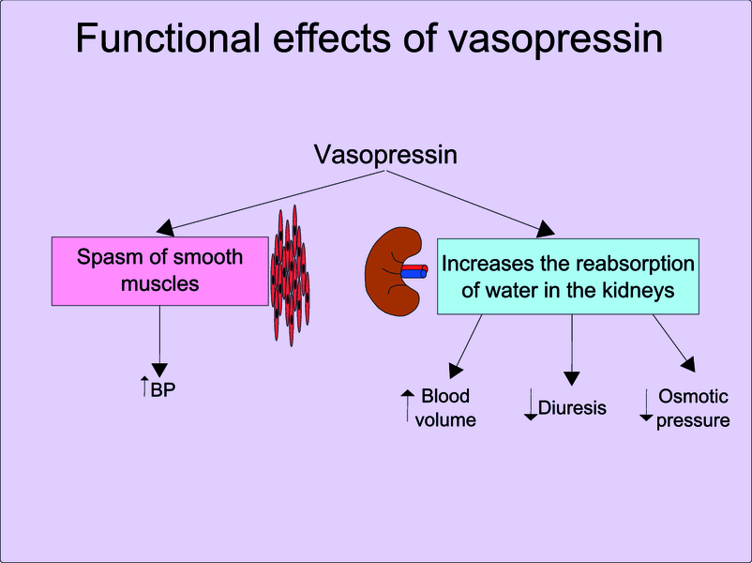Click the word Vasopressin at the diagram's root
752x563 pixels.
385,155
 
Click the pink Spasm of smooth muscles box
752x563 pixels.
159,270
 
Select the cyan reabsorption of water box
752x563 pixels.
567,276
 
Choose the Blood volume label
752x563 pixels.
445,408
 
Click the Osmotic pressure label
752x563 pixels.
693,408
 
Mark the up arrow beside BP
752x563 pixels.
143,386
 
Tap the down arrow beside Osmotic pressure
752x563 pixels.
646,406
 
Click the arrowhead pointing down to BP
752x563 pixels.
159,367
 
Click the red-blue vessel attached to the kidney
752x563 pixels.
413,271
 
